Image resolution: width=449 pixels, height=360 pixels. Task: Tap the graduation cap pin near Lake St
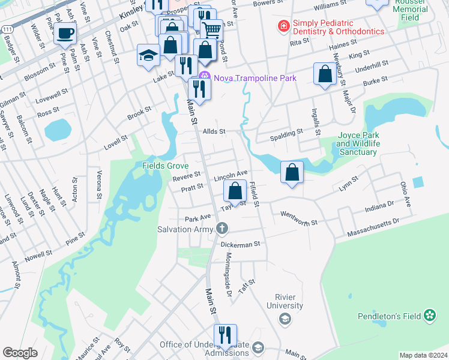pyautogui.click(x=148, y=56)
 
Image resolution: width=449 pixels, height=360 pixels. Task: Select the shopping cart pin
pyautogui.click(x=211, y=29)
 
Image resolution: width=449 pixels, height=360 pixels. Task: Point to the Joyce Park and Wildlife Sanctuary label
pyautogui.click(x=357, y=144)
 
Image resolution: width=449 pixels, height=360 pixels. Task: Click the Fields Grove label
pyautogui.click(x=166, y=166)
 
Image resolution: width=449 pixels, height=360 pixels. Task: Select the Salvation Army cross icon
pyautogui.click(x=222, y=229)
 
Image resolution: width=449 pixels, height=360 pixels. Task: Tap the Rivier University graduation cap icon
pyautogui.click(x=285, y=320)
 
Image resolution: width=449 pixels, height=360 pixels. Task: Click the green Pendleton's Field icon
pyautogui.click(x=430, y=315)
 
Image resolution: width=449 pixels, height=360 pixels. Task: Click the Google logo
pyautogui.click(x=20, y=353)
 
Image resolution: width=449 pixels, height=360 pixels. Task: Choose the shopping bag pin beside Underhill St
pyautogui.click(x=325, y=74)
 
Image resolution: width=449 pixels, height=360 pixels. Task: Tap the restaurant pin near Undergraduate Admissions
pyautogui.click(x=225, y=334)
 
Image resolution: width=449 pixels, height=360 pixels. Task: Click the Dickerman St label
pyautogui.click(x=240, y=244)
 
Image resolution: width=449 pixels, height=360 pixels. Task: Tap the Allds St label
pyautogui.click(x=213, y=131)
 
